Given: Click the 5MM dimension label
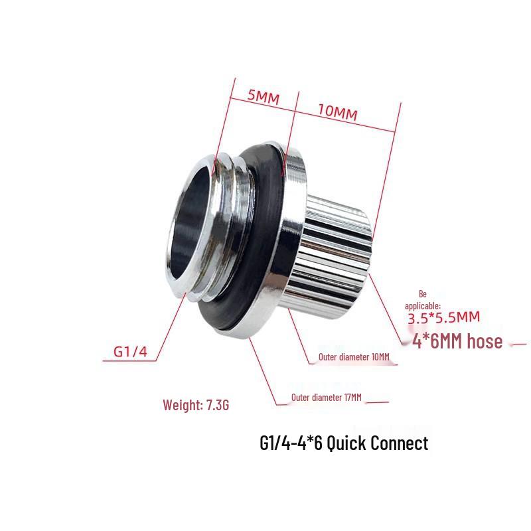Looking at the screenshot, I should pyautogui.click(x=263, y=97).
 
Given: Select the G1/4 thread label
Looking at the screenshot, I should pyautogui.click(x=129, y=351).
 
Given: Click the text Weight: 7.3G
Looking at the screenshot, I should pyautogui.click(x=196, y=404).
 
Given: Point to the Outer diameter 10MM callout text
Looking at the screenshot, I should pyautogui.click(x=354, y=357).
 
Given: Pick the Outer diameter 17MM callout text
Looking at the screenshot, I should pyautogui.click(x=327, y=398).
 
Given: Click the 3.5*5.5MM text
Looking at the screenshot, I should pyautogui.click(x=443, y=318).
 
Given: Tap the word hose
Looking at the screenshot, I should pyautogui.click(x=479, y=342).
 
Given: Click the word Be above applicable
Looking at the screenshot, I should pyautogui.click(x=423, y=293).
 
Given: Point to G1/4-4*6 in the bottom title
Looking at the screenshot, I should pyautogui.click(x=289, y=443).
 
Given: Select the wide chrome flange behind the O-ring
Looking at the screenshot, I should pyautogui.click(x=289, y=252).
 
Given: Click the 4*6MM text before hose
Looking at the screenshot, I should pyautogui.click(x=429, y=342).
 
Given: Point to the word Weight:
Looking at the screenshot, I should pyautogui.click(x=181, y=404).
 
